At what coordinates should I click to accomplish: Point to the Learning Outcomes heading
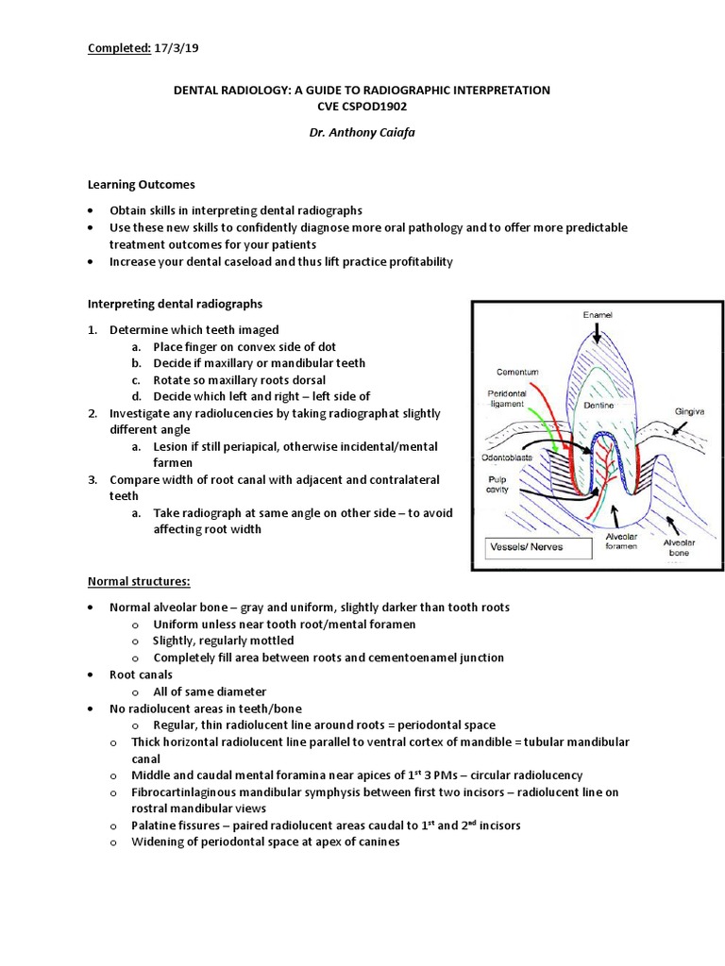coord(142,185)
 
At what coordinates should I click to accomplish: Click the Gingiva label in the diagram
coord(690,411)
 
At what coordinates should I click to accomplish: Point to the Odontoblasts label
coord(512,457)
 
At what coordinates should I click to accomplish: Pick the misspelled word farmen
coord(173,462)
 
